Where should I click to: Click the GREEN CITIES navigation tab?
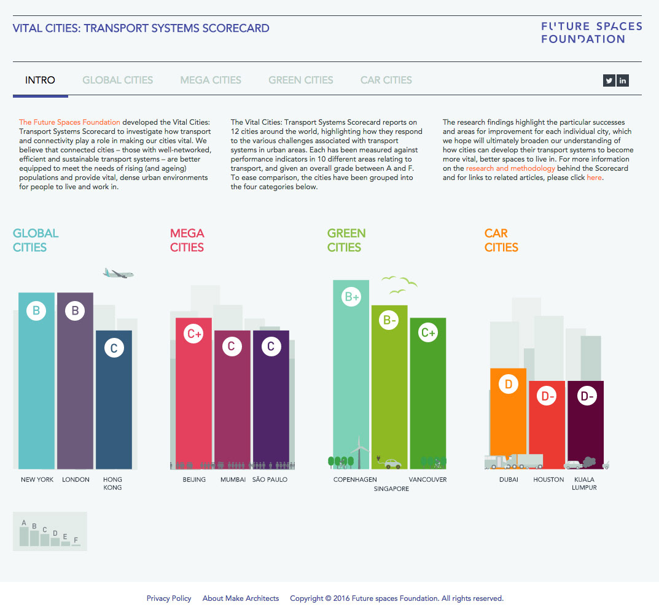point(301,80)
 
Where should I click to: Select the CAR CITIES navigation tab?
point(386,80)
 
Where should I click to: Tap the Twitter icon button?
point(609,80)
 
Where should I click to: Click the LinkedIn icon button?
point(623,80)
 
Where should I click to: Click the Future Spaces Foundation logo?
point(591,33)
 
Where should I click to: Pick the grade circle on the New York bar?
point(36,311)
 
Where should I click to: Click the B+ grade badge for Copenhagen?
point(352,298)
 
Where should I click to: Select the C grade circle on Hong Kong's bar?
point(114,348)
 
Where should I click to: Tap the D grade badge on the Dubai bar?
point(509,385)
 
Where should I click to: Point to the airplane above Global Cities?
point(119,273)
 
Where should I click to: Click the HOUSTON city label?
point(548,480)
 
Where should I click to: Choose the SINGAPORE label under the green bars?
point(391,489)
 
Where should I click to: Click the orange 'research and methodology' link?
point(510,168)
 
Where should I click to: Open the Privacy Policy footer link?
point(169,598)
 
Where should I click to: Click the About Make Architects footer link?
point(241,598)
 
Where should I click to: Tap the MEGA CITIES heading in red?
point(187,240)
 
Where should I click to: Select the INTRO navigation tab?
point(40,80)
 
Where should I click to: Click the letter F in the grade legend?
point(76,540)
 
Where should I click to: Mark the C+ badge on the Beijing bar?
point(194,334)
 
